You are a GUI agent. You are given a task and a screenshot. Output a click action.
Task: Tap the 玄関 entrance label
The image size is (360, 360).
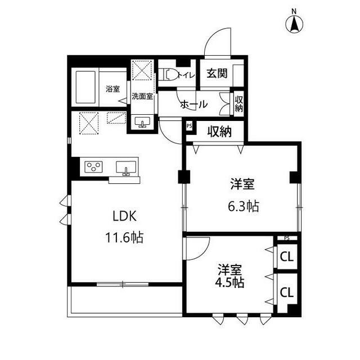coord(216,73)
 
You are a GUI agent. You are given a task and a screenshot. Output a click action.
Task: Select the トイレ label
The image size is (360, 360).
coord(186,74)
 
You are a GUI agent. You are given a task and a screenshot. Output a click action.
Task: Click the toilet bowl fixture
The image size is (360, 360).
coord(168,75)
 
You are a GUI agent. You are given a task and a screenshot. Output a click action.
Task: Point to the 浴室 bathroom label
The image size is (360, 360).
coord(112,88)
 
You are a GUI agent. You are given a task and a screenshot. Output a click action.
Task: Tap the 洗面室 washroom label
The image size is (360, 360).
coord(142,96)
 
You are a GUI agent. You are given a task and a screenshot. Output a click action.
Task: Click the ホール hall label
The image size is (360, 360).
coord(194,104)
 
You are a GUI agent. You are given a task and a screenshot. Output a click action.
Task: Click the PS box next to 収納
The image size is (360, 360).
coord(189,126)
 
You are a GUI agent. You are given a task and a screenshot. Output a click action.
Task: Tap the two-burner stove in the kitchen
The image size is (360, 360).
coord(93,166)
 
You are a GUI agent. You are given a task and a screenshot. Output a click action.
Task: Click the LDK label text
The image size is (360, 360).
coord(125,216)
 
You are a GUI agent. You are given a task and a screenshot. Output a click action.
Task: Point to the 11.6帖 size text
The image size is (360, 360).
coord(125,237)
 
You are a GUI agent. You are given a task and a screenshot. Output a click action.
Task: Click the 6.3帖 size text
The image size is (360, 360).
coord(242,206)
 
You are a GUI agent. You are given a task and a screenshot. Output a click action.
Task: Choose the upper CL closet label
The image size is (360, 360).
coord(286,258)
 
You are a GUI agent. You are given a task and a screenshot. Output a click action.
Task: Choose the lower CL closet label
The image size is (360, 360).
coord(286,292)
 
